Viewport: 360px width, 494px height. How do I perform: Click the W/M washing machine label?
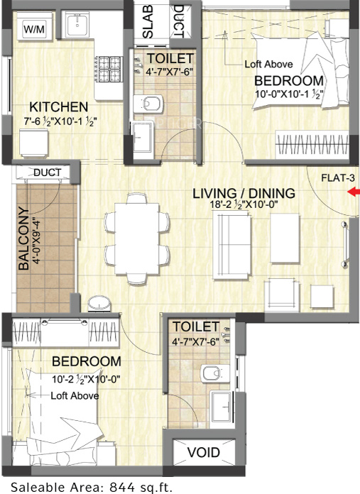(34, 29)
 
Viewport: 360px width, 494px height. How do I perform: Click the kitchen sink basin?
(77, 25)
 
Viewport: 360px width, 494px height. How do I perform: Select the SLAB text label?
(148, 21)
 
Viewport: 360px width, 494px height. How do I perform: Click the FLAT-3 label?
(338, 178)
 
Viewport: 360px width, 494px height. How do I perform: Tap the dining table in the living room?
(137, 238)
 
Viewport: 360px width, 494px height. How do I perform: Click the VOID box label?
(204, 452)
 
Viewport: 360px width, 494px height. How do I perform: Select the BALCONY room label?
(23, 238)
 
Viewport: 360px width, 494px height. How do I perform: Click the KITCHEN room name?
(59, 106)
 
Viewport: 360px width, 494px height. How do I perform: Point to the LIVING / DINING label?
(244, 193)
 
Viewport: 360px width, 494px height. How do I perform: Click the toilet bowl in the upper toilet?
(148, 104)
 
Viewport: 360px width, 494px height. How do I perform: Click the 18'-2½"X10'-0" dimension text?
(244, 204)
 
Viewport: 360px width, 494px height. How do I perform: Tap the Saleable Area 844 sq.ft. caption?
(92, 487)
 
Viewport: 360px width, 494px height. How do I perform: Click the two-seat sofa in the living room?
(232, 245)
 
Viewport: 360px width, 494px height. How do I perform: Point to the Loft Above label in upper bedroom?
(268, 65)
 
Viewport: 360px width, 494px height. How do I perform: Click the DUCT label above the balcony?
(48, 172)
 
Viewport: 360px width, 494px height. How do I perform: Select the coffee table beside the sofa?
(285, 238)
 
